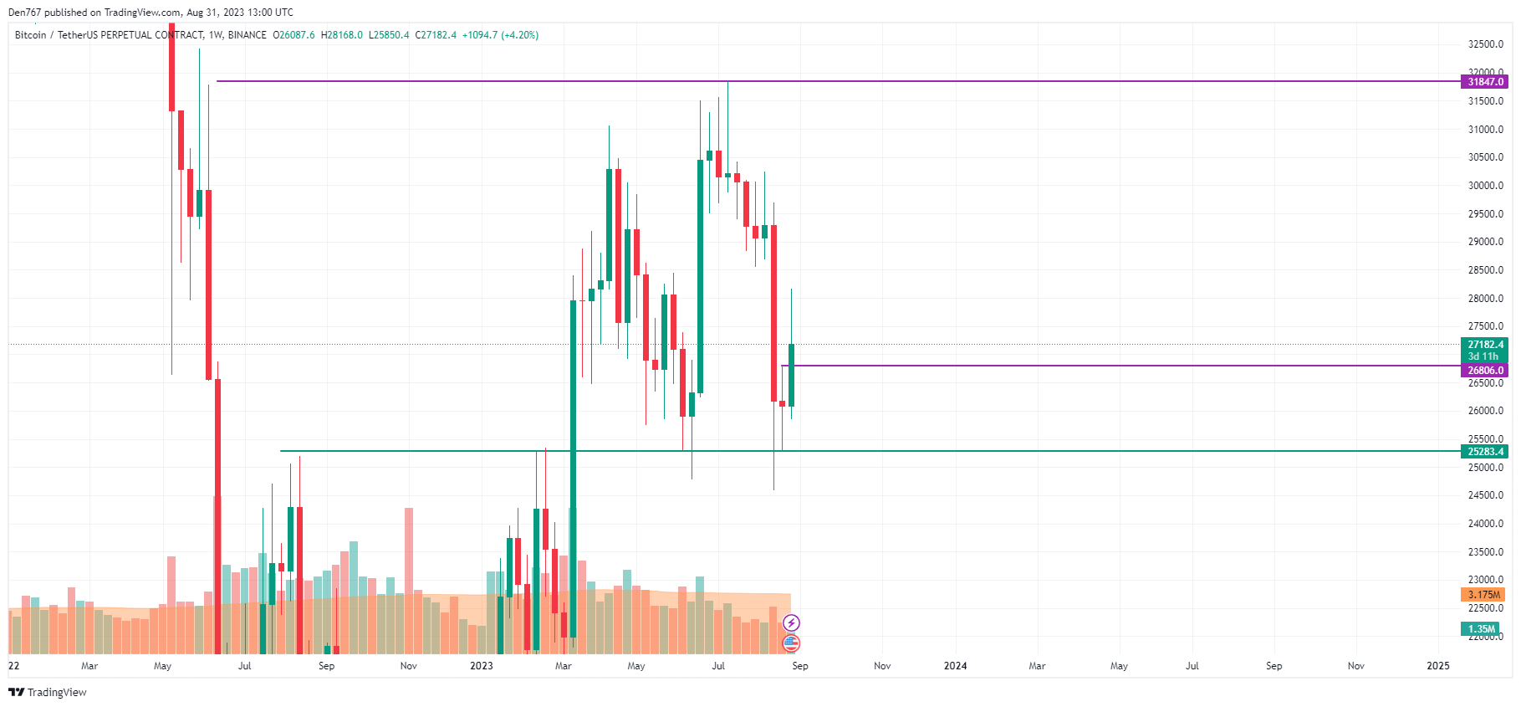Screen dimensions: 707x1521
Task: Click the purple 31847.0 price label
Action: [1485, 82]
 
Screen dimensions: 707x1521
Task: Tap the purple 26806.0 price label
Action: [1485, 371]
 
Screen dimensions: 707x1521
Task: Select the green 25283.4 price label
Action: [1485, 452]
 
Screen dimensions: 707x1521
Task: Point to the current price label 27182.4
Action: [1485, 345]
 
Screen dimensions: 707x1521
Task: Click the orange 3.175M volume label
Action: [1483, 595]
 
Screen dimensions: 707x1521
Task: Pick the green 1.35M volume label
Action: [1481, 629]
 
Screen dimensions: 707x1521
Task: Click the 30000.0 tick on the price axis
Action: [1485, 186]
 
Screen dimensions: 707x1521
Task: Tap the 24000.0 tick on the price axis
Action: [1485, 524]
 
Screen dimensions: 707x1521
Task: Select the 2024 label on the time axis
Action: [955, 666]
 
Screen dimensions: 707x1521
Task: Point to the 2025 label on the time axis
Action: [1437, 666]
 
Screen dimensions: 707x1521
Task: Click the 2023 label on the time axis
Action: [481, 666]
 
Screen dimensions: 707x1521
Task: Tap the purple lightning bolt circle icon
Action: [791, 622]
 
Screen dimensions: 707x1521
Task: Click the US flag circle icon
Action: [791, 643]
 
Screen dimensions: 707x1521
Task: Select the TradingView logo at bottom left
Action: [48, 692]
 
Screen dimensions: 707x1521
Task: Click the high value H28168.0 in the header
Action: [342, 35]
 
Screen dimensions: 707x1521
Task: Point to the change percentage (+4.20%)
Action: [520, 35]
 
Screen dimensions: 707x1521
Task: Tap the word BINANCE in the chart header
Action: [248, 35]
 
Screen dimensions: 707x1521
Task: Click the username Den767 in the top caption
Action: [24, 13]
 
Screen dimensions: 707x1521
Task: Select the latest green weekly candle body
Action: [791, 375]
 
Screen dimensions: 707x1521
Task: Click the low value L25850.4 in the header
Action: [389, 35]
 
